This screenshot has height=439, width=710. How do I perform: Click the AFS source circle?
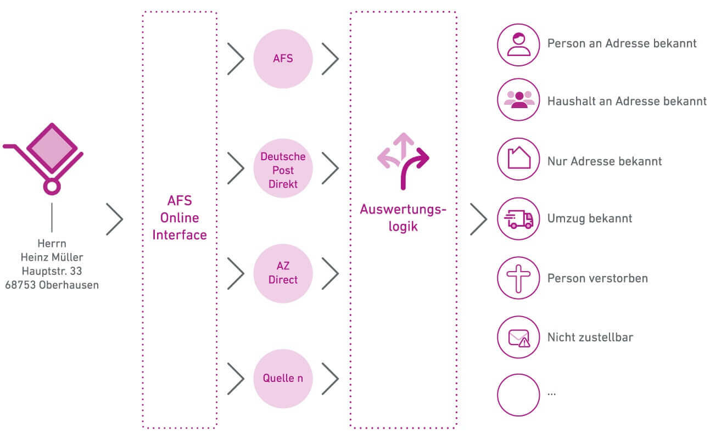coord(283,59)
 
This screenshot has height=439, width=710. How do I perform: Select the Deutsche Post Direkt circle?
coord(283,170)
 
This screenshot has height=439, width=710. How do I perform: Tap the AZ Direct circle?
coord(283,273)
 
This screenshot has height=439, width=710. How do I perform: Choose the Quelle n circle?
coord(283,378)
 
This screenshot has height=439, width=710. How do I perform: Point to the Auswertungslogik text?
coord(404,217)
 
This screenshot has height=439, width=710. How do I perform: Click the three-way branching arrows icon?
coord(404,159)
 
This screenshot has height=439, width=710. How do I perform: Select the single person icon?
coord(518,44)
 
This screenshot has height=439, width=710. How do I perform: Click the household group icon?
coord(518,100)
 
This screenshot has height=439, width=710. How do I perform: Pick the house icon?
coord(518,159)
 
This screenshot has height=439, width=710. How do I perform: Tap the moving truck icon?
coord(518,218)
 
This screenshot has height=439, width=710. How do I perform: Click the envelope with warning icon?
coord(518,337)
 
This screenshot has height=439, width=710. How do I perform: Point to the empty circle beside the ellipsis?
coord(518,395)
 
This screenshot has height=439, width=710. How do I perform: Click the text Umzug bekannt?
coord(589,218)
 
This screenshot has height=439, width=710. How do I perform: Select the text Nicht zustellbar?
coord(590,337)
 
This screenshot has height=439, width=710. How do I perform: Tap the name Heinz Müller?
coord(52,257)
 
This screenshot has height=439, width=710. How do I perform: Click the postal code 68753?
coord(21,285)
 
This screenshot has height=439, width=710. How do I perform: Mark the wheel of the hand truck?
coord(52,187)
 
